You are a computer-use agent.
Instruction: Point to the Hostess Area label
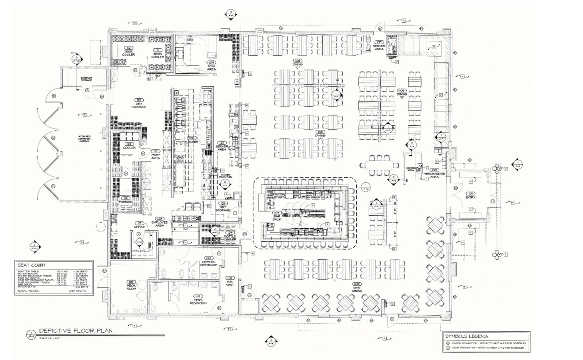click(x=410, y=169)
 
